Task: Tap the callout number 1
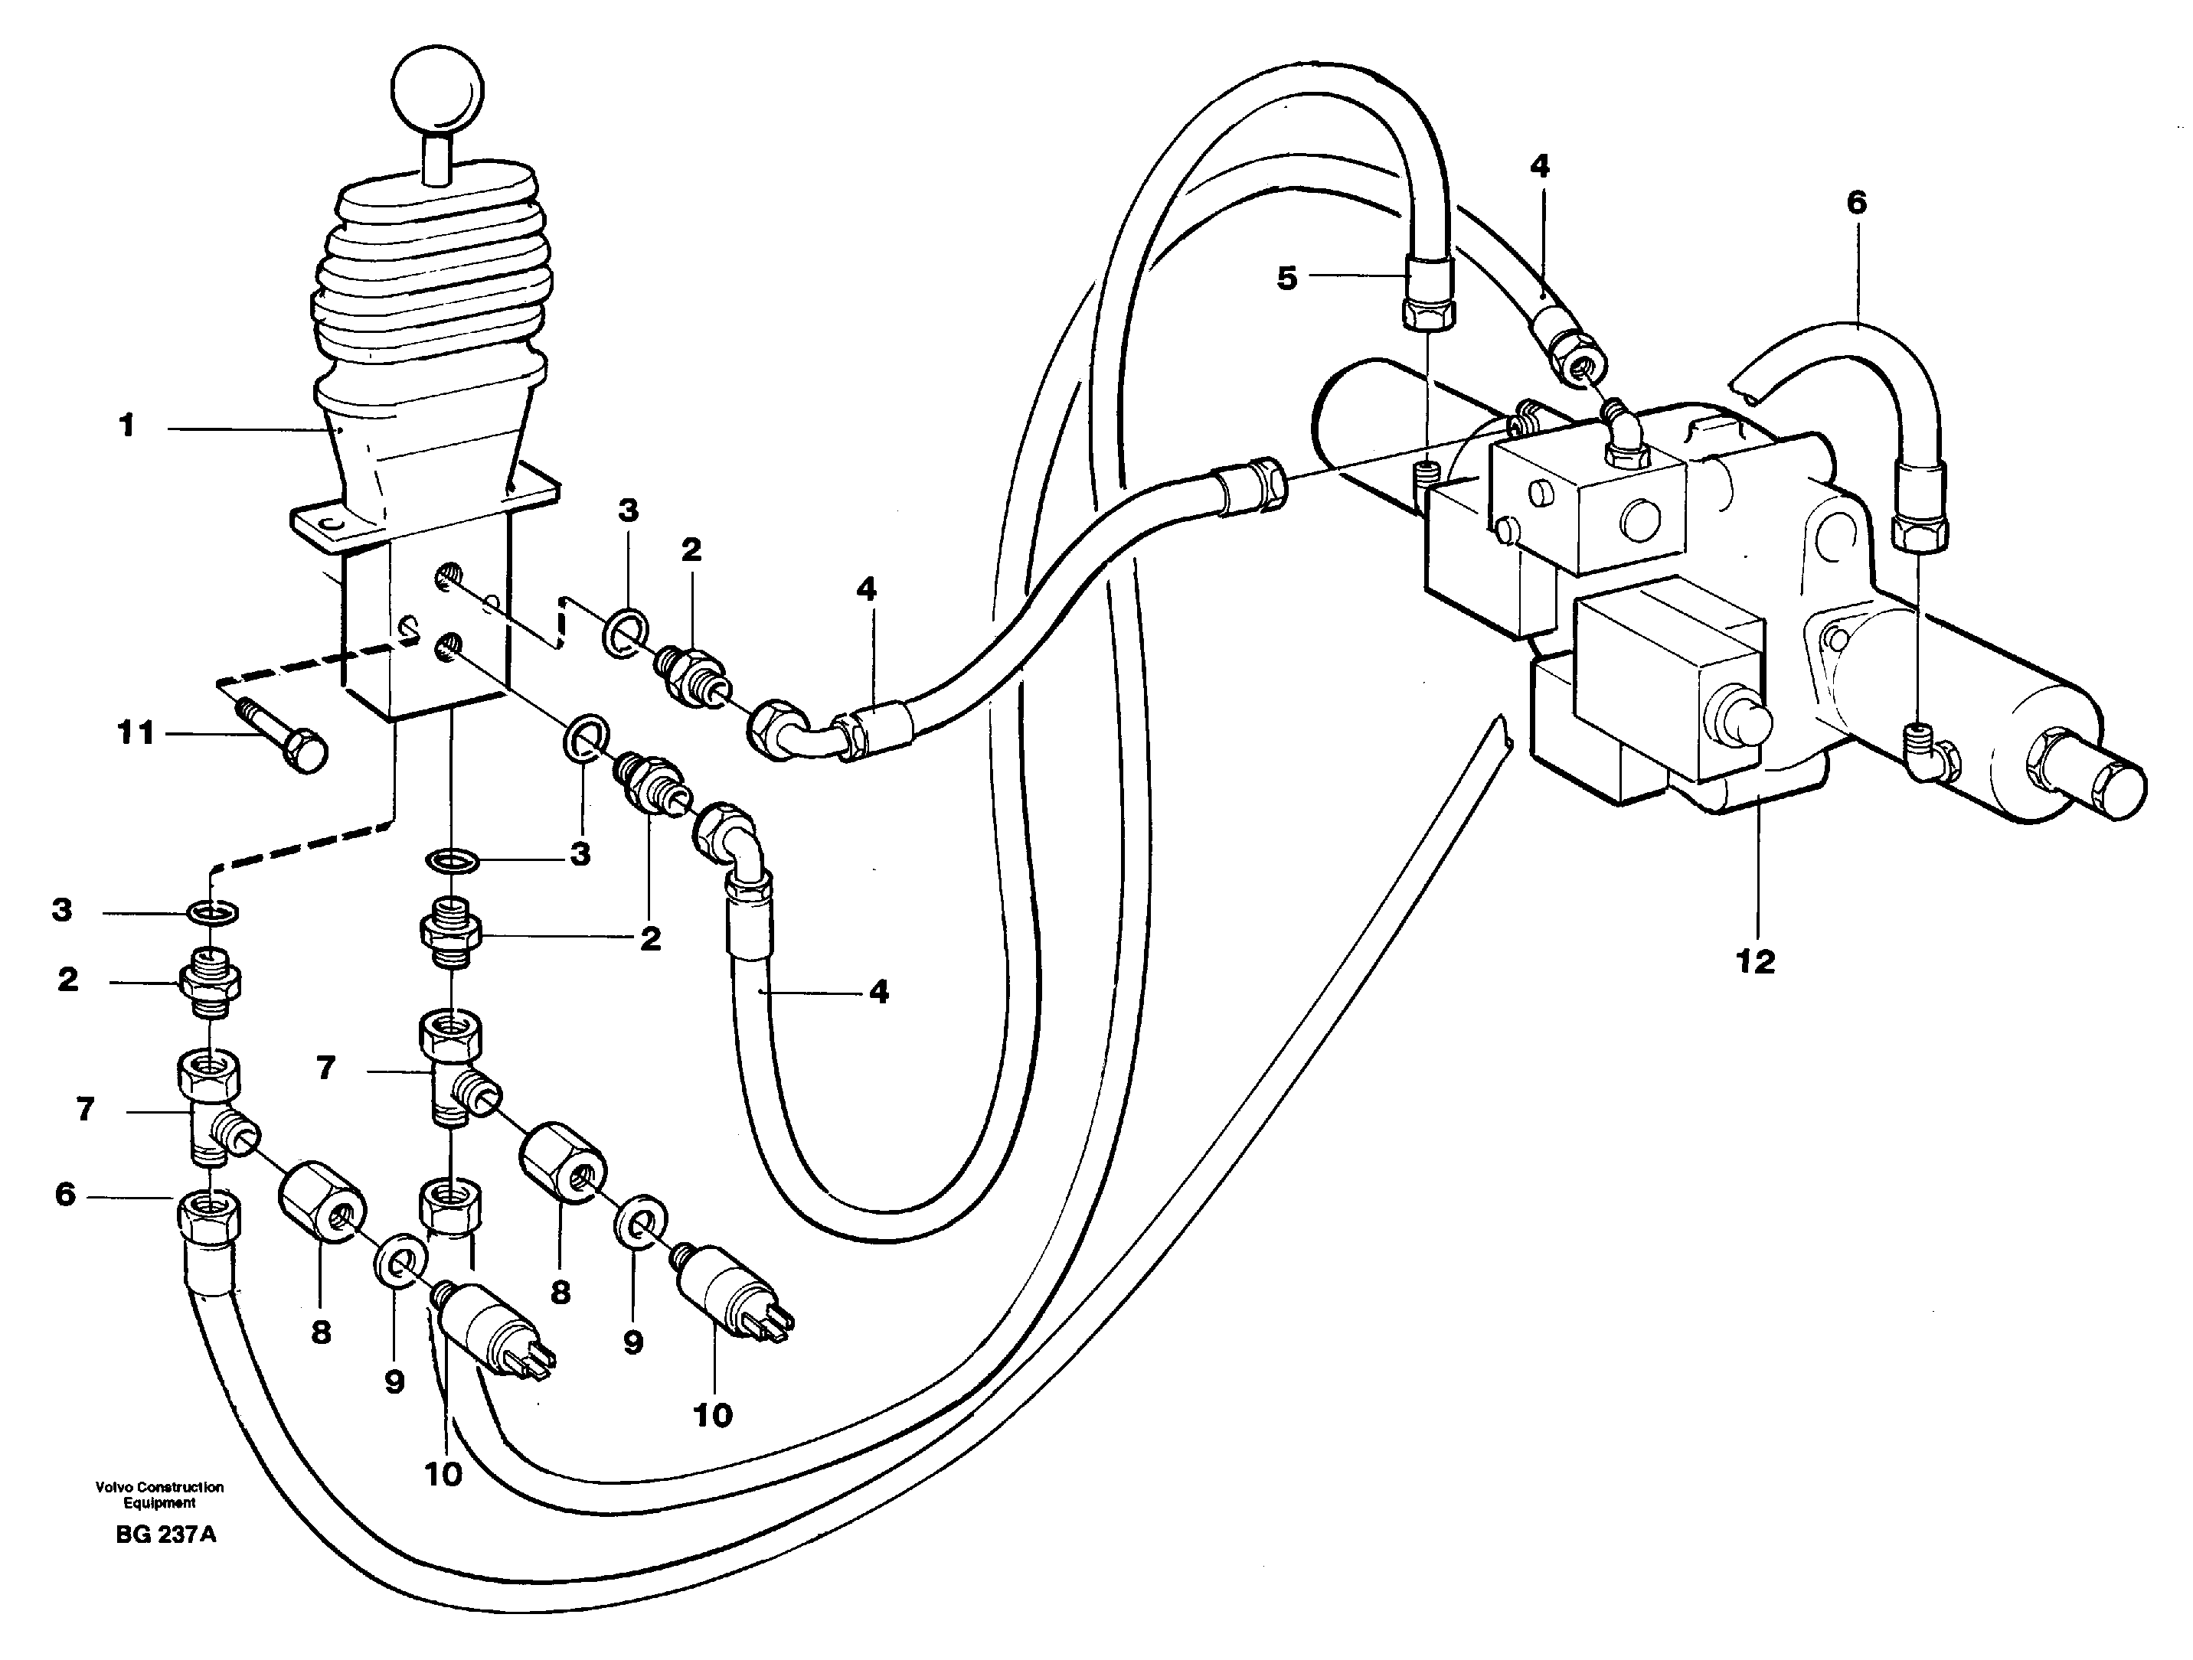click(126, 426)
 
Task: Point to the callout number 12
click(1756, 960)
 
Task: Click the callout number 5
click(1286, 279)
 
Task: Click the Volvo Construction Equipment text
click(159, 1495)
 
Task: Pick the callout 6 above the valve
click(1856, 203)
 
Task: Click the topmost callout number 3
click(628, 511)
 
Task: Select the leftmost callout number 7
click(85, 1109)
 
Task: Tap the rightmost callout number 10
click(712, 1415)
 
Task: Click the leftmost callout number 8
click(320, 1333)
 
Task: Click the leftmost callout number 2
click(67, 980)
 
